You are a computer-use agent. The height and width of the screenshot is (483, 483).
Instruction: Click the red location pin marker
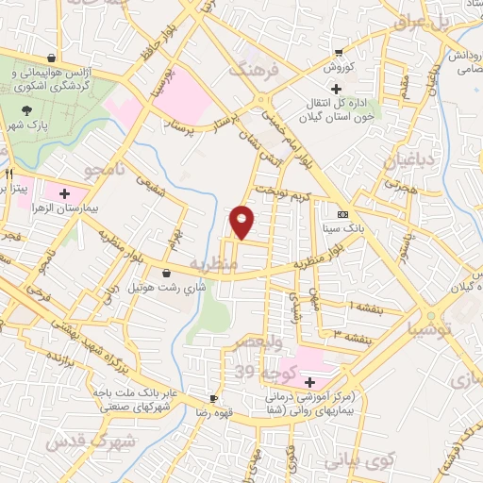[242, 221]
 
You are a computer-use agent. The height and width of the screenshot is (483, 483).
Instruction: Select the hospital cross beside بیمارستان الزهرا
[64, 194]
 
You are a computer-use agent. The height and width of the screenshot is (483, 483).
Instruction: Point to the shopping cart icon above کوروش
[338, 53]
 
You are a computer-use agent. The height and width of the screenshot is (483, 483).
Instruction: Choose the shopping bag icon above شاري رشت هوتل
[167, 274]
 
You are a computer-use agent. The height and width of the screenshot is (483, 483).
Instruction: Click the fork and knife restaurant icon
[8, 175]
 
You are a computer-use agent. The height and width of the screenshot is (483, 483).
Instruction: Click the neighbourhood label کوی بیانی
[357, 462]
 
